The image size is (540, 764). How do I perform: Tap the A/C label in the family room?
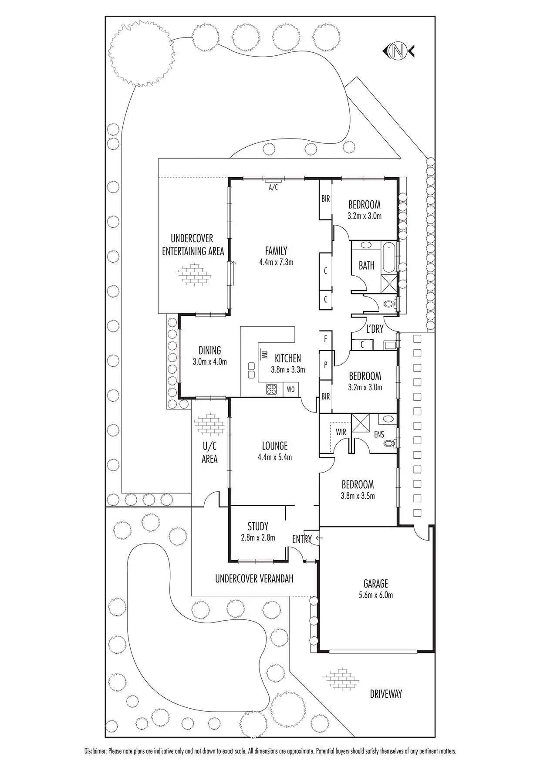pos(273,187)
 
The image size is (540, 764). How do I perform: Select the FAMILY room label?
pos(276,251)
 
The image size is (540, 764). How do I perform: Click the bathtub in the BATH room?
pos(389,257)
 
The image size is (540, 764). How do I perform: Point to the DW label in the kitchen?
pos(263,355)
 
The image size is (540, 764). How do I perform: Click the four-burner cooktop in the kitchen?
pos(272,389)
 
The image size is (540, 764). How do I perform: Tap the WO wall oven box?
pos(290,389)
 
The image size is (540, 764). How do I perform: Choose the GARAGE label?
pos(375,583)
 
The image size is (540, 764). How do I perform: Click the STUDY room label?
pos(258,526)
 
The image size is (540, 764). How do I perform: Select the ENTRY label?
pos(302,539)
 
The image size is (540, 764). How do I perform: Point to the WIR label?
pos(341,432)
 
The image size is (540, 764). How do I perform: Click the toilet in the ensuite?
pos(389,443)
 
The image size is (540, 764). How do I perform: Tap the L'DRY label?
pos(375,329)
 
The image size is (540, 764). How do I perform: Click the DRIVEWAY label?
pos(386,694)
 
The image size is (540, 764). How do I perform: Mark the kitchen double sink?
pos(251,370)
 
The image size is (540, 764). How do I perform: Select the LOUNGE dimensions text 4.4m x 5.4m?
pos(274,457)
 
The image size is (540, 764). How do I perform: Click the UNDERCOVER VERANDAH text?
pos(254,578)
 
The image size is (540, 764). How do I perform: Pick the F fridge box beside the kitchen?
pos(325,338)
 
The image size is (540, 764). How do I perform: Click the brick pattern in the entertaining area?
pos(192,275)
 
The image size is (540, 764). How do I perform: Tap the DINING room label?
pos(209,350)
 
